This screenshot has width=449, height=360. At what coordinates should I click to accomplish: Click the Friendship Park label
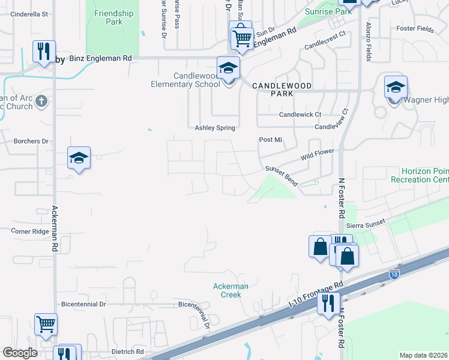113,17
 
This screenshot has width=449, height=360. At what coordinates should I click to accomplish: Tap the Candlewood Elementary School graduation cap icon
228,69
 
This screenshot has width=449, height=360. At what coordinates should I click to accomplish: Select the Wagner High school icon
396,88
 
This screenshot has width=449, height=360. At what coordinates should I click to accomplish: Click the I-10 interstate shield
394,274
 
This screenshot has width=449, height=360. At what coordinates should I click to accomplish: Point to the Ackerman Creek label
231,290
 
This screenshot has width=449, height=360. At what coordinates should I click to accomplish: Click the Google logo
20,353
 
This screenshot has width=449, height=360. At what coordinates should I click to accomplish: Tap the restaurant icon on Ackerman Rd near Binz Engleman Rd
44,52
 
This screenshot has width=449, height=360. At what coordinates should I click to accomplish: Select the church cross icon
41,100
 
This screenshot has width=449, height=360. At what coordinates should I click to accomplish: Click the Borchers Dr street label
31,142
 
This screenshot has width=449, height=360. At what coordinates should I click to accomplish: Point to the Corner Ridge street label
29,230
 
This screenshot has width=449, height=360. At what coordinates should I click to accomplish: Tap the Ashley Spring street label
215,128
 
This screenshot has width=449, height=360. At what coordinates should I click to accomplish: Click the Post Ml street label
270,140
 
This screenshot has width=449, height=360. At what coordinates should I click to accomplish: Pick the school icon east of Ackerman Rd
79,158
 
